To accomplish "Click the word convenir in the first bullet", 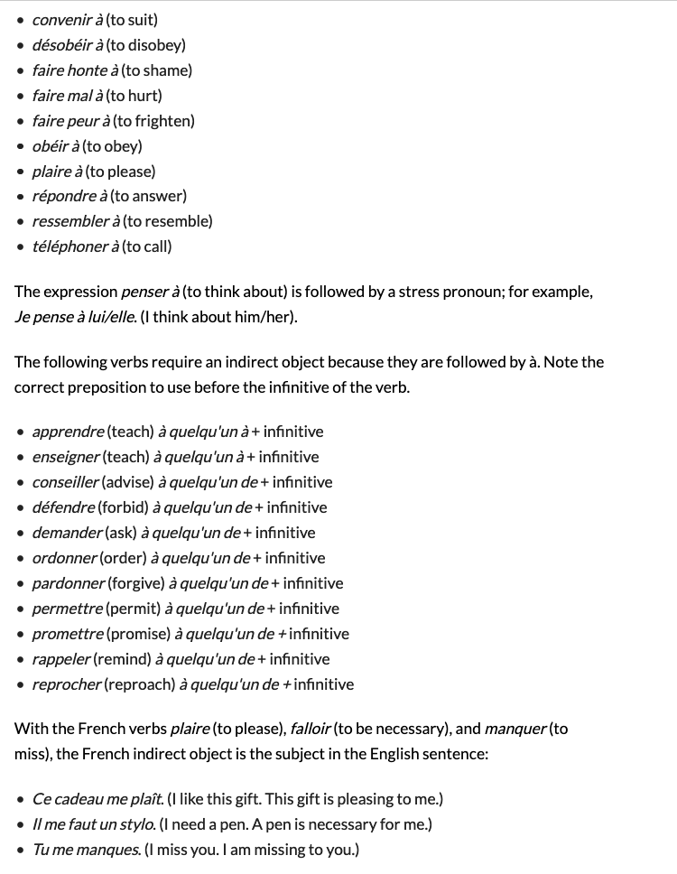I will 60,19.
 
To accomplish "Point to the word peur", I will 82,120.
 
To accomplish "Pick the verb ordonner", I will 64,558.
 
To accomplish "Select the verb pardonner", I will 69,583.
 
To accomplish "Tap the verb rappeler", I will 60,659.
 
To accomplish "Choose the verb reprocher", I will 66,684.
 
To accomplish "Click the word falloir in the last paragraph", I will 311,729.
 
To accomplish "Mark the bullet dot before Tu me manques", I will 21,850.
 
